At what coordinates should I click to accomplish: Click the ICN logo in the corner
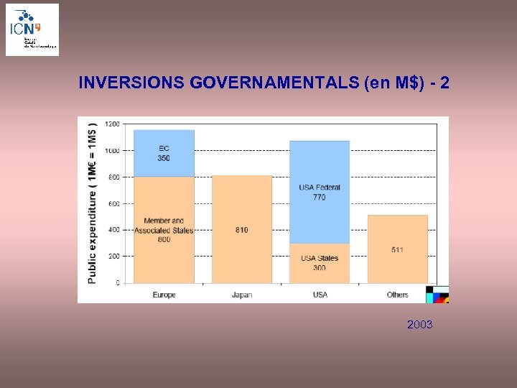point(32,29)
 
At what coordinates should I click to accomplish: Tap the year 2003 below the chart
point(419,325)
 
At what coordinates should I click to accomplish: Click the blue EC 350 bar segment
point(164,154)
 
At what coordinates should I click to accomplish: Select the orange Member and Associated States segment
point(164,230)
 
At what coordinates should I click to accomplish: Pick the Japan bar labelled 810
point(242,229)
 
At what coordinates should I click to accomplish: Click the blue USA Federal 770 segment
point(320,191)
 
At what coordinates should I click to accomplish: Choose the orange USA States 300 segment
point(320,263)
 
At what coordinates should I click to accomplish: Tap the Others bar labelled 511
point(397,249)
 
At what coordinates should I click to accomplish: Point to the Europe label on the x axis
point(164,295)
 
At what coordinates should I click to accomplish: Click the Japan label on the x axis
point(242,295)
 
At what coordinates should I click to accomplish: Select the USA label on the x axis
point(320,295)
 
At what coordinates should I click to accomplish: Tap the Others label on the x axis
point(397,295)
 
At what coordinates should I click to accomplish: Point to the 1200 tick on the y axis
point(112,124)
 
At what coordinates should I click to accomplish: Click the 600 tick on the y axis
point(113,203)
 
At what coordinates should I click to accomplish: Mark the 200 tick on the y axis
point(113,257)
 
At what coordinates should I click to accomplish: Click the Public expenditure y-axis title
point(92,203)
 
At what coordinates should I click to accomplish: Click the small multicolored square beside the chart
point(437,295)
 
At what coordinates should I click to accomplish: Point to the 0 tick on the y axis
point(117,283)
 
